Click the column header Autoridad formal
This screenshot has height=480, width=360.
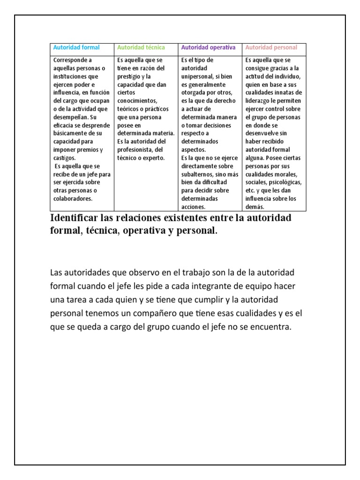click(x=76, y=47)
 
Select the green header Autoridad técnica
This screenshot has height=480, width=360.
click(x=141, y=47)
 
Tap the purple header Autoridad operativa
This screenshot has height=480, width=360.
click(x=208, y=47)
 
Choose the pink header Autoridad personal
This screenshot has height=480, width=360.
click(x=271, y=47)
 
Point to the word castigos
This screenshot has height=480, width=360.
click(x=64, y=158)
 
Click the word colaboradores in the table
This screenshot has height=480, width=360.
click(x=73, y=198)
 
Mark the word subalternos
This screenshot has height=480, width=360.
click(x=197, y=174)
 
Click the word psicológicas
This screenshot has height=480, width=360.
click(x=286, y=182)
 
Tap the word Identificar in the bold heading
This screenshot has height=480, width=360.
click(x=73, y=218)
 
